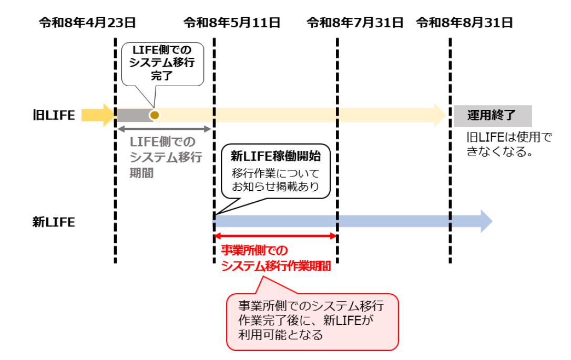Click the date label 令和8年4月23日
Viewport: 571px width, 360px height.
tap(87, 23)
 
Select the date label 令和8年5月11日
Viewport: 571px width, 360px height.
tap(232, 23)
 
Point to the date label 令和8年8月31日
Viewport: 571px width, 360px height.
tap(464, 23)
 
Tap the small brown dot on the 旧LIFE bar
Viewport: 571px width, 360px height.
tap(154, 115)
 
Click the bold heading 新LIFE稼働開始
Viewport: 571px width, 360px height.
tap(276, 156)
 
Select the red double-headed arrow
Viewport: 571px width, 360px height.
tap(275, 236)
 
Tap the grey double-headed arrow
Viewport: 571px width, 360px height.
tap(164, 129)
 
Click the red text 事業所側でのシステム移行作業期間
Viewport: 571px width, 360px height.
tap(276, 258)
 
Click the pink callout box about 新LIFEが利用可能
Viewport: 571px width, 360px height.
tap(312, 321)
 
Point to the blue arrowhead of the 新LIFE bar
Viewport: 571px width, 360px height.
tap(485, 221)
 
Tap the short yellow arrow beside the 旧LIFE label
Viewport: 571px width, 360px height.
tap(97, 115)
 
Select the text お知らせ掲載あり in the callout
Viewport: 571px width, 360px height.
tap(276, 186)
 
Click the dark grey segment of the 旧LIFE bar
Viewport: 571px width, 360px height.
tap(132, 115)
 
